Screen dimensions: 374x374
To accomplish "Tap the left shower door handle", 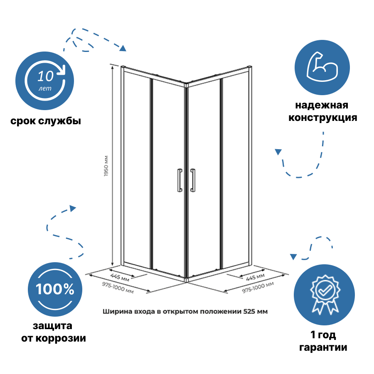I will pos(179,180).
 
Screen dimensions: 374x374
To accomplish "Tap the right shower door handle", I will pos(193,180).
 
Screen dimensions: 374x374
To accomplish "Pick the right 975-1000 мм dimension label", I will pos(258,288).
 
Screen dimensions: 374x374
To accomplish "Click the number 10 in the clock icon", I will pos(45,76).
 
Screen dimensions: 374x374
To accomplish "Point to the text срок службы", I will pos(46,121).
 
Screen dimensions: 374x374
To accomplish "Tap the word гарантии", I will pos(323,347).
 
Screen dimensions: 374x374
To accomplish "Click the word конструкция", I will pos(323,118).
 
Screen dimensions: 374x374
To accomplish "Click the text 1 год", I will pos(323,335).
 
